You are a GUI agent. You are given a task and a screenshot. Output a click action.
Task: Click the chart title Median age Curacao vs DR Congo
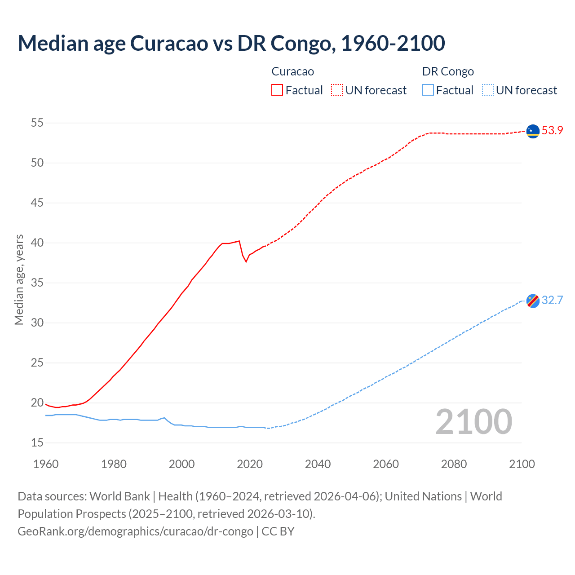231,43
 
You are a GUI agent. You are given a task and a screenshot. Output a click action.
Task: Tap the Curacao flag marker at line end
533,131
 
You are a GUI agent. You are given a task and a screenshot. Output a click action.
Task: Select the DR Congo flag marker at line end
533,301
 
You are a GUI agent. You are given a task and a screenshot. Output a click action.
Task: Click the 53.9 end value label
552,131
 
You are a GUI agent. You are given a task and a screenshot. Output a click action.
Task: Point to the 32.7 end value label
552,301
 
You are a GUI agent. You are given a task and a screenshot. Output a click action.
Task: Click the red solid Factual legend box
277,90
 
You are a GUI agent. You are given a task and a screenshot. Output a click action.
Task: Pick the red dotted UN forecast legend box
337,90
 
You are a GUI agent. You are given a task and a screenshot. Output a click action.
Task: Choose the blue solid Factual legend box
428,90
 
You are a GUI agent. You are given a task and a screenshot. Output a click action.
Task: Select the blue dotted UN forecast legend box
488,90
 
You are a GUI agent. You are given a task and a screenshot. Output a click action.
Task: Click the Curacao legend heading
292,71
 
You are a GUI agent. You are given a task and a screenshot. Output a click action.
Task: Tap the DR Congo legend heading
448,71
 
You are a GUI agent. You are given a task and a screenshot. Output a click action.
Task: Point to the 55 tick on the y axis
37,123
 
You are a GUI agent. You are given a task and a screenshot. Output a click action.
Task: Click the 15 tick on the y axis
37,443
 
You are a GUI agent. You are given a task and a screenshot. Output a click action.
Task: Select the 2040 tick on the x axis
318,464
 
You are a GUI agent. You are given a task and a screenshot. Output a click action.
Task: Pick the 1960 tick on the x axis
46,464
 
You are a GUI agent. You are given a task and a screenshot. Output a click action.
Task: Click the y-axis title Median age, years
19,279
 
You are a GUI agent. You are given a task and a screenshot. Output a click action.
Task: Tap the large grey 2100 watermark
473,422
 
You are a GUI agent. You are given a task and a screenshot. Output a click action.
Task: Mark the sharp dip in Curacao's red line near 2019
246,261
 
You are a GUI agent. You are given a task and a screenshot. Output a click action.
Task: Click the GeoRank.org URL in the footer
135,531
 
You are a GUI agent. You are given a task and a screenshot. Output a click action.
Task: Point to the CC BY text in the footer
278,531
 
